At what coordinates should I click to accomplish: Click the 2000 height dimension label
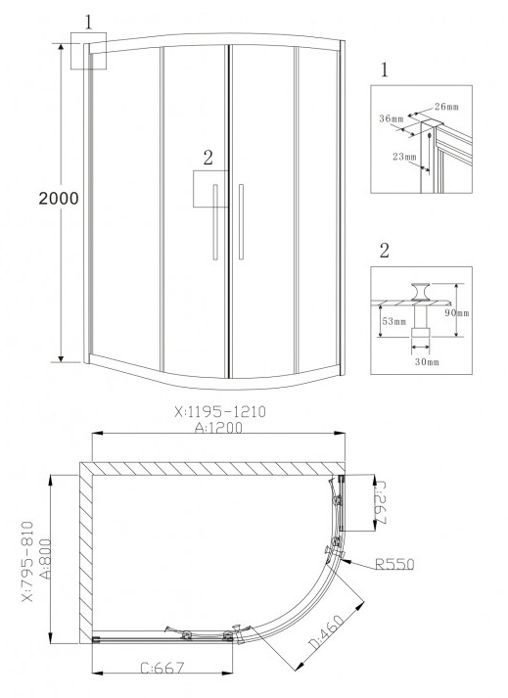(59, 199)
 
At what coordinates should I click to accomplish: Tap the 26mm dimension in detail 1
(446, 107)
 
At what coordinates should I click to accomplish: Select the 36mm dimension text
(392, 118)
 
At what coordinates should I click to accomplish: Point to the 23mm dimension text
(404, 157)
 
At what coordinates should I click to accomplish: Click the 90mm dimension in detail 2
(457, 313)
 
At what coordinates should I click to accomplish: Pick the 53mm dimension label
(394, 321)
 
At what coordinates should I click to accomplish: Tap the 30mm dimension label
(427, 362)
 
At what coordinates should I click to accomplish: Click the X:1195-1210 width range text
(220, 412)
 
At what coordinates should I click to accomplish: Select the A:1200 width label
(219, 428)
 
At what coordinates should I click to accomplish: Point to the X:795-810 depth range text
(27, 562)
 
